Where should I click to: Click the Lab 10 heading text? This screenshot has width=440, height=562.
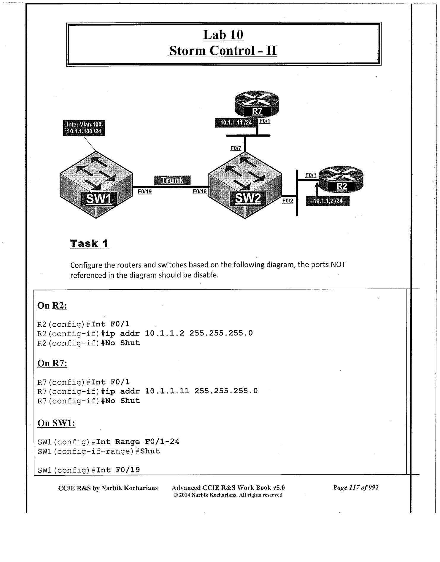pyautogui.click(x=223, y=35)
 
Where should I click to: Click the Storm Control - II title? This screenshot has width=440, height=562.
pyautogui.click(x=223, y=51)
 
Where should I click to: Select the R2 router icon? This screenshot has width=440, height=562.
pyautogui.click(x=341, y=180)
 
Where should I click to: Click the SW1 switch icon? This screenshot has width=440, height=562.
pyautogui.click(x=96, y=185)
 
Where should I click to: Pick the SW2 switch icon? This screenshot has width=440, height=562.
pyautogui.click(x=245, y=185)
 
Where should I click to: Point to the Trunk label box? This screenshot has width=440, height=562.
pyautogui.click(x=172, y=180)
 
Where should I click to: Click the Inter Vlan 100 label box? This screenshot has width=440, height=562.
pyautogui.click(x=84, y=128)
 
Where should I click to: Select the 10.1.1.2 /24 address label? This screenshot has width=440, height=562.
pyautogui.click(x=328, y=201)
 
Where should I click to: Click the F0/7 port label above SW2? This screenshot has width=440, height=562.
pyautogui.click(x=236, y=148)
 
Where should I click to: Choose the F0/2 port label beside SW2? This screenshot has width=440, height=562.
pyautogui.click(x=287, y=201)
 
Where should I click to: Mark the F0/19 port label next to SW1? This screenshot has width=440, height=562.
pyautogui.click(x=144, y=192)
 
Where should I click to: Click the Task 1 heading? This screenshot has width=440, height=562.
pyautogui.click(x=89, y=243)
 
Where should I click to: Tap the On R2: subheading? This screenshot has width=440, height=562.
pyautogui.click(x=52, y=306)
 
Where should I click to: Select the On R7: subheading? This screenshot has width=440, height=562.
pyautogui.click(x=52, y=363)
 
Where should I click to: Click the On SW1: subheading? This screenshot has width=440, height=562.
pyautogui.click(x=56, y=423)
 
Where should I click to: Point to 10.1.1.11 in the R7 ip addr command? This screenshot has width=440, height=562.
pyautogui.click(x=167, y=391)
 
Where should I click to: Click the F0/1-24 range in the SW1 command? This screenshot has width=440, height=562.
pyautogui.click(x=162, y=442)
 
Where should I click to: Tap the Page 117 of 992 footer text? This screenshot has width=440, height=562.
pyautogui.click(x=356, y=488)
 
